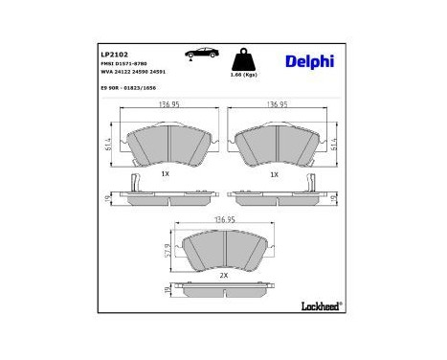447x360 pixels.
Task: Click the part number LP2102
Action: pos(115,55)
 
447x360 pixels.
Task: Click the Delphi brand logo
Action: pos(309,61)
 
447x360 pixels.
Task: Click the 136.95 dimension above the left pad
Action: pos(168,104)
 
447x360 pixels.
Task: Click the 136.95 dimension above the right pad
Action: pos(278,104)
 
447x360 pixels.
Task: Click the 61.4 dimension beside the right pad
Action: pos(333,143)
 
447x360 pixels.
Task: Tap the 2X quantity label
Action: pos(223,275)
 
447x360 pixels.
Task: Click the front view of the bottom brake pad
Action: pos(223,251)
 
